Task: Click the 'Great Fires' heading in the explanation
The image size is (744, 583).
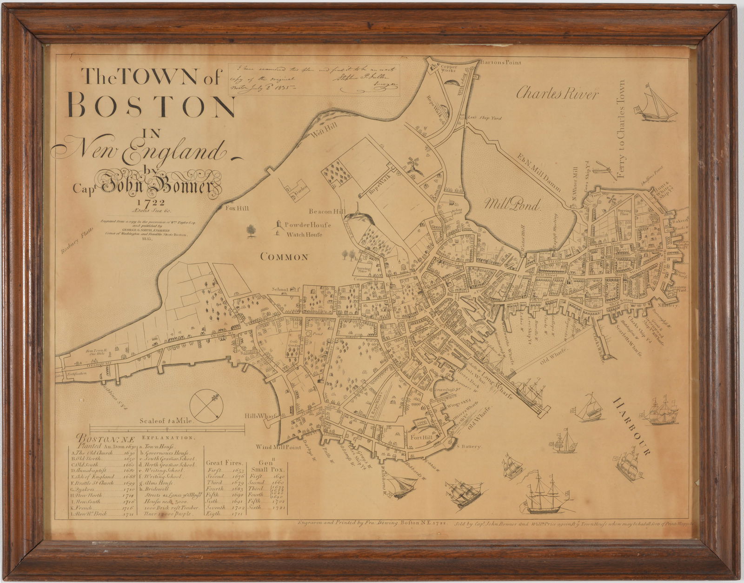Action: click(x=226, y=462)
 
